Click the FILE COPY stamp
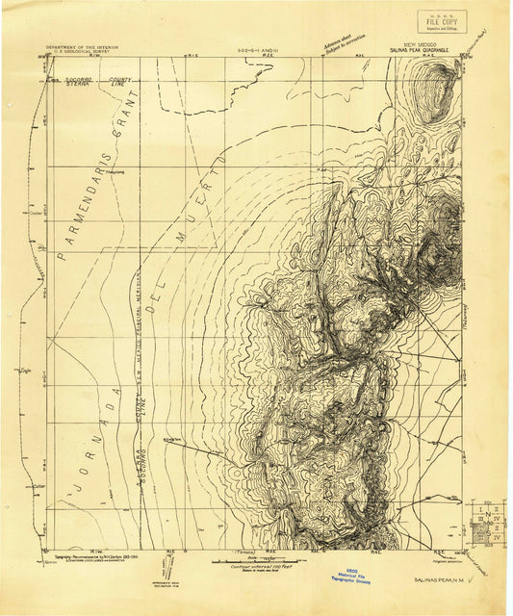[x=442, y=20]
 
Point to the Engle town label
[x=23, y=369]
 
